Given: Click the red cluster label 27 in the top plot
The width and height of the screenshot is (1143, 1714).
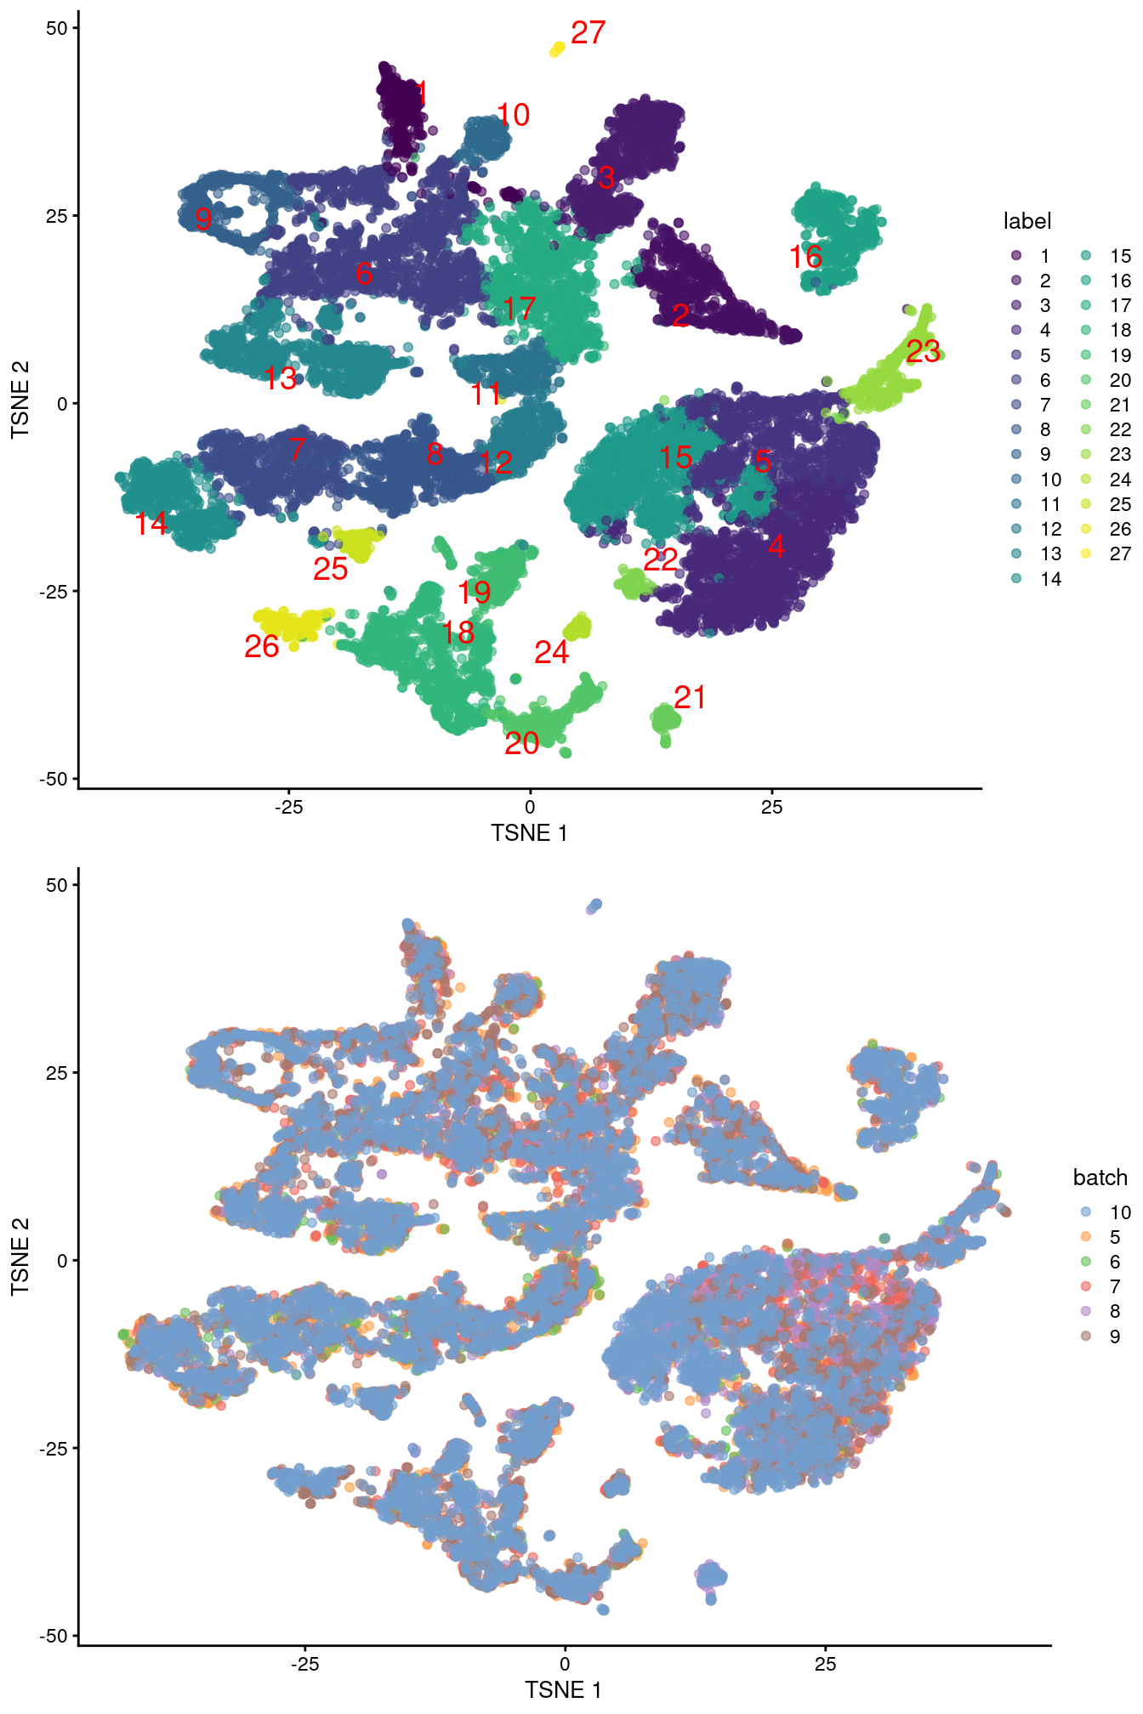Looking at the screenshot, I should [588, 33].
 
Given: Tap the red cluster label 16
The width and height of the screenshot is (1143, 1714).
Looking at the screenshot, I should [805, 257].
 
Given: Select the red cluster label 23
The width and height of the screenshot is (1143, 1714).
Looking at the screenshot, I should [923, 351].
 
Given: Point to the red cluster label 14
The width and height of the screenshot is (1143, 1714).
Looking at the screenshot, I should [151, 524].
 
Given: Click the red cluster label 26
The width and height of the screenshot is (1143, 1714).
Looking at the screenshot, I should [261, 647].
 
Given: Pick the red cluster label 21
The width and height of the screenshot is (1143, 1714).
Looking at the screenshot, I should [690, 698].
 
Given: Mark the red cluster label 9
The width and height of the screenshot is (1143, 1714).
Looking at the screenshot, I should [203, 219].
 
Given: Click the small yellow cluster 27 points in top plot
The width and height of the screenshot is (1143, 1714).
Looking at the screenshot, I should [557, 49].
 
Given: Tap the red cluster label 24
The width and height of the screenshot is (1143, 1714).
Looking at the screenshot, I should [551, 653].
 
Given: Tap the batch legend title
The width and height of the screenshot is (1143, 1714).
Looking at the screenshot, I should [1100, 1178].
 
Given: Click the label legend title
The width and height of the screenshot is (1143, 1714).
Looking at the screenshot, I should [1026, 222].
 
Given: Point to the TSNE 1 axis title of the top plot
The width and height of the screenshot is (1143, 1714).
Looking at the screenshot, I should [529, 833].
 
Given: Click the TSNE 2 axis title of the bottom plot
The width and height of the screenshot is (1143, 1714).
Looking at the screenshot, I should [20, 1257].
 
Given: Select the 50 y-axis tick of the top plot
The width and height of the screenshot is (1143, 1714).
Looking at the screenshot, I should [56, 28].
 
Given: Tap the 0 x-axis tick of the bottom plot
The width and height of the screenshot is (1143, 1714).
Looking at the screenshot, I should [565, 1664].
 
